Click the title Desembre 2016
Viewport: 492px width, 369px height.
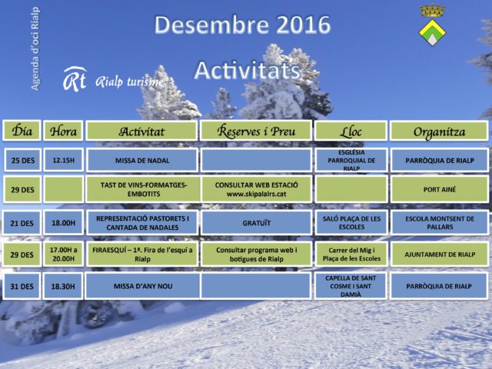(x=242, y=25)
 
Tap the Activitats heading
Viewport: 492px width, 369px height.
(x=248, y=70)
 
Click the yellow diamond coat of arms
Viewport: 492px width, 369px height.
(x=432, y=32)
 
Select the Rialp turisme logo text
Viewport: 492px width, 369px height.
(x=129, y=82)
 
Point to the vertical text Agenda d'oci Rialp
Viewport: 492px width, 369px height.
(x=35, y=48)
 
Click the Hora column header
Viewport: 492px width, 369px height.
(x=63, y=131)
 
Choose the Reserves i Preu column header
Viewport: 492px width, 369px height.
(x=256, y=131)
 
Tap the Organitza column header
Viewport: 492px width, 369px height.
(x=439, y=131)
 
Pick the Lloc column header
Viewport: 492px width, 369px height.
(x=351, y=131)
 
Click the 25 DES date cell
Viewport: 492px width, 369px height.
(x=22, y=161)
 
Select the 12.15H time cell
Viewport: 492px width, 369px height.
(x=63, y=161)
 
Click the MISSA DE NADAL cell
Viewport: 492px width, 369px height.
(x=142, y=161)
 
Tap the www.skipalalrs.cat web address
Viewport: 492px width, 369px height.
(x=256, y=194)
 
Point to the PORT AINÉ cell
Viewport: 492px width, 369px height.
(x=439, y=190)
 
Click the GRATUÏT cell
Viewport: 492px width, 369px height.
(x=256, y=223)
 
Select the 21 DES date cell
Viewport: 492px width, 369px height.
(x=22, y=223)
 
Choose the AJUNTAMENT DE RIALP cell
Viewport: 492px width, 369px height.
(x=440, y=254)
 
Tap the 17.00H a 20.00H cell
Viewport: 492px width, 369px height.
(x=63, y=254)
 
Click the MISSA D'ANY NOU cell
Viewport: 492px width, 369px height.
(x=143, y=286)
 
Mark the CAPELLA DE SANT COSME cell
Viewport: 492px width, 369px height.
(x=351, y=286)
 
